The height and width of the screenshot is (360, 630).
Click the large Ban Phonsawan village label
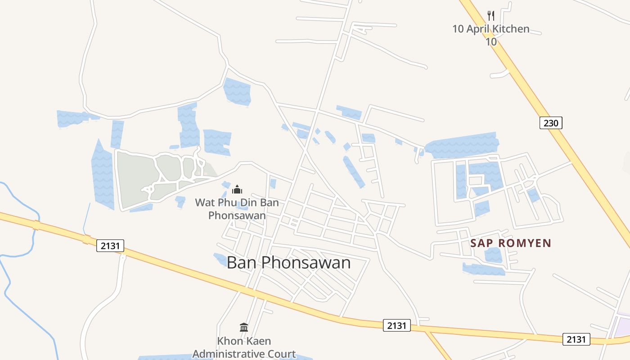point(288,262)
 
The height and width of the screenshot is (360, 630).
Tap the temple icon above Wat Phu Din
point(237,189)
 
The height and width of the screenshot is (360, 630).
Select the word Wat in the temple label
point(203,202)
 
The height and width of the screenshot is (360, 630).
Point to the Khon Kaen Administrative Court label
point(244,347)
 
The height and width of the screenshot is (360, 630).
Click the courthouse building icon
point(244,327)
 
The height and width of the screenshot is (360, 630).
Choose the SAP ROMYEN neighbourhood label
point(511,243)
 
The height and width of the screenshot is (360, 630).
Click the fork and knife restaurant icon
point(491,16)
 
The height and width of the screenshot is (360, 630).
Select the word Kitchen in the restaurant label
point(510,29)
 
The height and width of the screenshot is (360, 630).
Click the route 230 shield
point(551,122)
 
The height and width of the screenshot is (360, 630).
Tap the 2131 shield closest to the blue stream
point(110,246)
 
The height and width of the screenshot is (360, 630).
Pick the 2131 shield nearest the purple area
point(576,339)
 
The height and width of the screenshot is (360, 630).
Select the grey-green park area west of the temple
point(135,178)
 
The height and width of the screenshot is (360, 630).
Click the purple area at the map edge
point(624,325)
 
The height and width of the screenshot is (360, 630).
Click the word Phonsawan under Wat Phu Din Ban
point(237,216)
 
